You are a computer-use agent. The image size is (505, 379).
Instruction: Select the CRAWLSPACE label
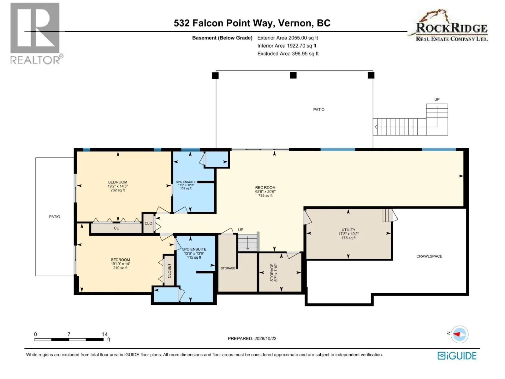(429, 256)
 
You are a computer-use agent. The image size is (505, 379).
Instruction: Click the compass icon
(460, 334)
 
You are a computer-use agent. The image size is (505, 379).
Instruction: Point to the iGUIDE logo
(457, 356)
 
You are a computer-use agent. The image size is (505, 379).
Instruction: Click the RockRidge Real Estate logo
(448, 25)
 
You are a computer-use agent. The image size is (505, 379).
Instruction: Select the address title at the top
(252, 23)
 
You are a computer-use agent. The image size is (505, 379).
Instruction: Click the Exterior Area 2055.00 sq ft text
(288, 38)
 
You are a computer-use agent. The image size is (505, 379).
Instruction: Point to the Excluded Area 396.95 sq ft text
(288, 54)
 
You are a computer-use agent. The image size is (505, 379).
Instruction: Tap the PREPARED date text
(252, 339)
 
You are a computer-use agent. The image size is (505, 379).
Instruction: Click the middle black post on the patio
(293, 75)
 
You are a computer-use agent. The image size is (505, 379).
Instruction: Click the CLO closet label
(148, 223)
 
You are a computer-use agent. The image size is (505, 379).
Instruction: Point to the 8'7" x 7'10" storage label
(274, 273)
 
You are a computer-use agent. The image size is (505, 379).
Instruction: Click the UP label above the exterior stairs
(437, 99)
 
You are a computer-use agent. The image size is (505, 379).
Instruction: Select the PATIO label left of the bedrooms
(55, 217)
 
